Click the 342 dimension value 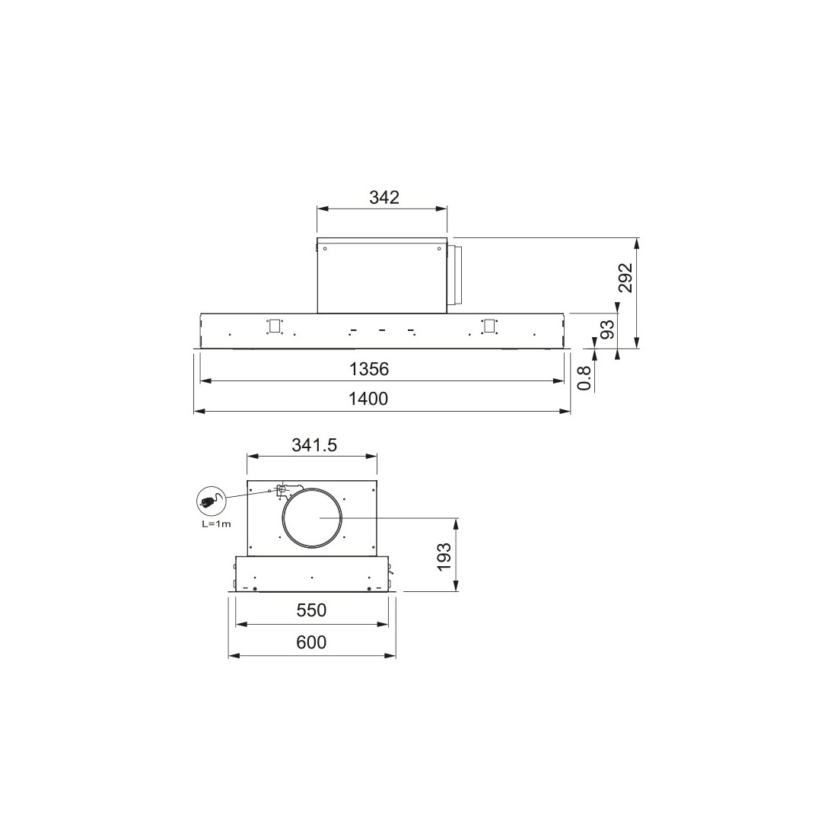(x=383, y=198)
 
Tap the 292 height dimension (x=625, y=278)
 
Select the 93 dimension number (x=607, y=330)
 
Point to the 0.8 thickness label (x=585, y=377)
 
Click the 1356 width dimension (x=369, y=369)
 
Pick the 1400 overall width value (x=368, y=399)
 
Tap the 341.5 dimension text (x=314, y=445)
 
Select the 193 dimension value (x=444, y=557)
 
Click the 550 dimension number (x=311, y=610)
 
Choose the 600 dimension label (x=311, y=642)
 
